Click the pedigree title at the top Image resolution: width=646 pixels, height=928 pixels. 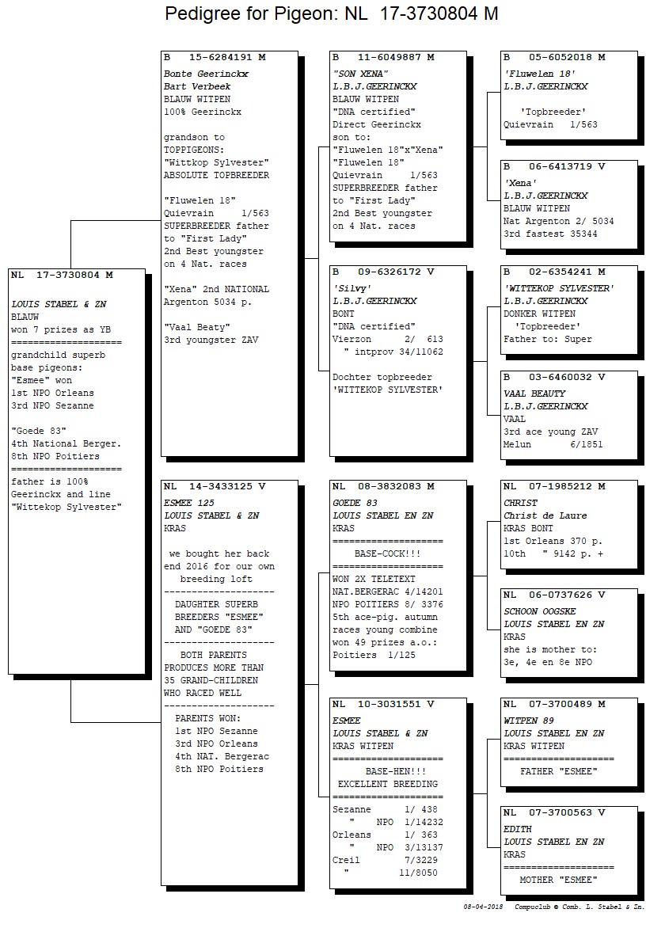(331, 13)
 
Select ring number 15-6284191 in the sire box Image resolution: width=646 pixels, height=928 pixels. (221, 58)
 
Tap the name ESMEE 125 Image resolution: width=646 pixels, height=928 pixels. (189, 503)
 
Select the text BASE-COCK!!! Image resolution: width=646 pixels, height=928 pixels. (387, 553)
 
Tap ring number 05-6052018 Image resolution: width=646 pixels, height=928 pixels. (560, 58)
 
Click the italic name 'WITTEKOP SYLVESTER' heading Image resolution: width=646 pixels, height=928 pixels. (559, 288)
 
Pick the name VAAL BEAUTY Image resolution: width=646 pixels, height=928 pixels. (534, 394)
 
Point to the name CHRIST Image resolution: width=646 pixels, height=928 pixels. (521, 503)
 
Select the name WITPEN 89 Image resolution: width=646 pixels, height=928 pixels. (529, 721)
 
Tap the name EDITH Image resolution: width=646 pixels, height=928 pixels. (518, 829)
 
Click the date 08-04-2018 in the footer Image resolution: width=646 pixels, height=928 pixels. (484, 907)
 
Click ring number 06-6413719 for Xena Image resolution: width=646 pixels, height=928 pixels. (560, 167)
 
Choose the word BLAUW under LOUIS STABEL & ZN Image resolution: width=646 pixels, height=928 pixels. (25, 318)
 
